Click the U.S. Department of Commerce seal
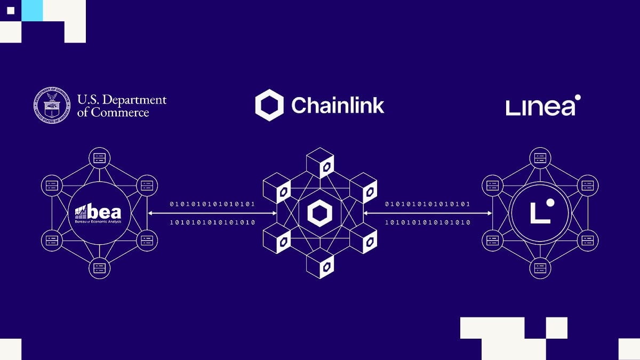pyautogui.click(x=52, y=106)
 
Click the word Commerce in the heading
pyautogui.click(x=120, y=113)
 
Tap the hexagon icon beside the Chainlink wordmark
pyautogui.click(x=269, y=105)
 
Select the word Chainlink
pyautogui.click(x=338, y=105)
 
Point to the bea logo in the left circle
pyautogui.click(x=99, y=213)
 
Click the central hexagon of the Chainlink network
pyautogui.click(x=319, y=214)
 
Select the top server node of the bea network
pyautogui.click(x=99, y=158)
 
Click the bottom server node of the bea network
pyautogui.click(x=99, y=268)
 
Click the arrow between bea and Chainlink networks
pyautogui.click(x=212, y=213)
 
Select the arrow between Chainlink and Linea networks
pyautogui.click(x=428, y=213)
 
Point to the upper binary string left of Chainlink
pyautogui.click(x=212, y=204)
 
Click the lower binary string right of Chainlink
pyautogui.click(x=428, y=222)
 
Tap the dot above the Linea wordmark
pyautogui.click(x=578, y=98)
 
